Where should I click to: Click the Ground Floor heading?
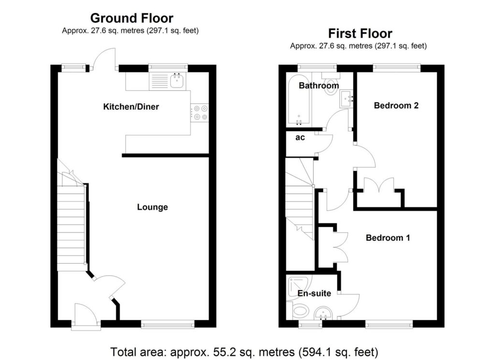coord(131,18)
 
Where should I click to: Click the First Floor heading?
coord(360,33)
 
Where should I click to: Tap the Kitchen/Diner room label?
coord(131,106)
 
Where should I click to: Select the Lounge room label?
coord(152,207)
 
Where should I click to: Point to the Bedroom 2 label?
coord(396,105)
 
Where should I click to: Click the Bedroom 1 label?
coord(388,238)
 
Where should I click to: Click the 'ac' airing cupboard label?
coord(300,138)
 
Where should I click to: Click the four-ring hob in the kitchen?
coord(200,113)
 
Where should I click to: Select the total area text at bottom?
coord(244,351)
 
